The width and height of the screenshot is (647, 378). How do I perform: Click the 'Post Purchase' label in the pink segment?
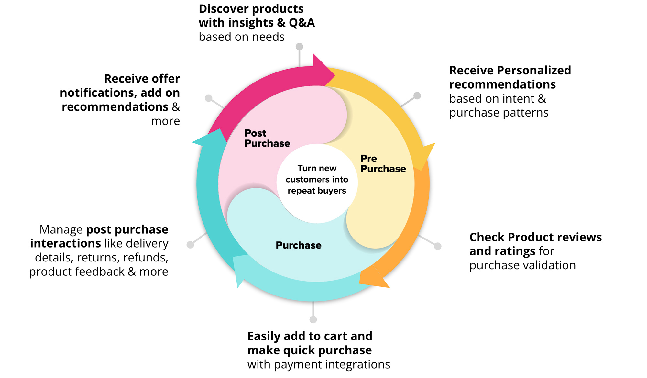coord(267,138)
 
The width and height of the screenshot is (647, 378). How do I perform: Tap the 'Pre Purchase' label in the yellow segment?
coord(383,164)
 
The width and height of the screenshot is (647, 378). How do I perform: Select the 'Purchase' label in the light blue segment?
coord(298,245)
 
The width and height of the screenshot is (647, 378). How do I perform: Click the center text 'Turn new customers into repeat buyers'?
coord(317,180)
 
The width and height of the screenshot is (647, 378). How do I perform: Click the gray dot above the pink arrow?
coord(300,47)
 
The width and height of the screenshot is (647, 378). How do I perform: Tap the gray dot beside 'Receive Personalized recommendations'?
coord(417,96)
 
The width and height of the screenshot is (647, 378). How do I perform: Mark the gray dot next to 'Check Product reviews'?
coord(438,246)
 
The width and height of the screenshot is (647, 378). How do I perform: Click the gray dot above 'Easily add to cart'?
coord(313,320)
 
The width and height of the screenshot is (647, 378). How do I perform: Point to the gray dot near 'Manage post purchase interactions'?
coord(190,245)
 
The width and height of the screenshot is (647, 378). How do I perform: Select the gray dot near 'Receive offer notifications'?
coord(209,98)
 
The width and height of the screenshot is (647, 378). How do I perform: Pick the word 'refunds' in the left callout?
coord(146,258)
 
